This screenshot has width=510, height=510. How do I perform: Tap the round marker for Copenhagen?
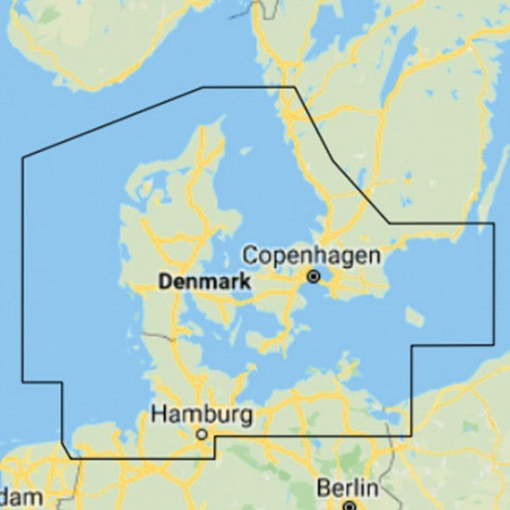coord(313,275)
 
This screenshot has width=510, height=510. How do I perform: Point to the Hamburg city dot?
coord(201,433)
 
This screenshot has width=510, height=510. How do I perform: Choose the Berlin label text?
coord(347,488)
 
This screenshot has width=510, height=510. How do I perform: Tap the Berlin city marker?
coord(349,506)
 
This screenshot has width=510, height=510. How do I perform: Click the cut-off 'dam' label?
coord(21,498)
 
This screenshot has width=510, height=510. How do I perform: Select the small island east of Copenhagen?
coord(415,317)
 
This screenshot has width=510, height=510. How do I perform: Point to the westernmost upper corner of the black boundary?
coord(23,157)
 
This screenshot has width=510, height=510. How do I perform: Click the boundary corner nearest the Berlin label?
coord(411,436)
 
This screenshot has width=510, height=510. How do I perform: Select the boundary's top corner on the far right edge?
coord(494,223)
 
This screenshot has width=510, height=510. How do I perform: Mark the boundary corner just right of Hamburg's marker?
coord(214,436)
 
